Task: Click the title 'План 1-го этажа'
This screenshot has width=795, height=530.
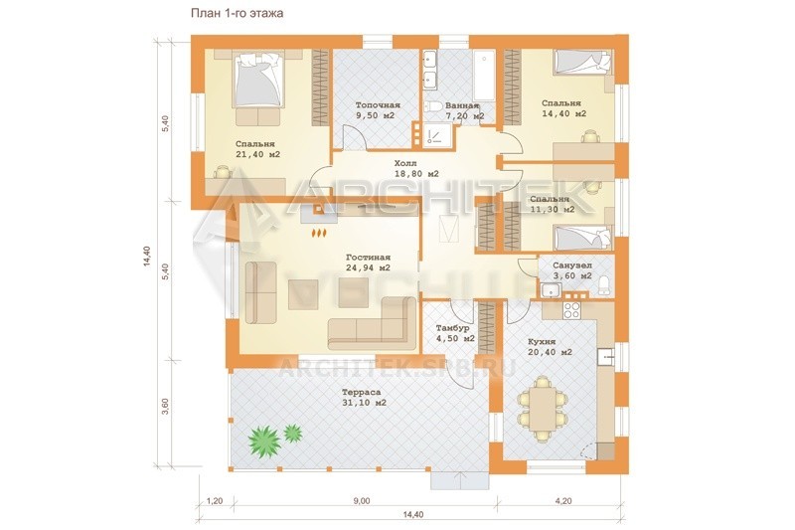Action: coord(237,13)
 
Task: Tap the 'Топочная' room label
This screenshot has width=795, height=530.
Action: coord(378,105)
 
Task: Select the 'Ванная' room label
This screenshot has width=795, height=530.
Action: coord(462,106)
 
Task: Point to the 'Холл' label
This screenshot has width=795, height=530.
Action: coord(405,163)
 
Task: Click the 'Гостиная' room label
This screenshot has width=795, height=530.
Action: coord(368,258)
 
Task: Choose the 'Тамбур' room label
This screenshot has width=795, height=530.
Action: coord(453,328)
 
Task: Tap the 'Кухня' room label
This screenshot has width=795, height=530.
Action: coord(542,342)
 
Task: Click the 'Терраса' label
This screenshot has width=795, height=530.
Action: coord(361,392)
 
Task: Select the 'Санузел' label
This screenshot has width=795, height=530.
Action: coord(572,265)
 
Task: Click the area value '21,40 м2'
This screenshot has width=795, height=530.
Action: coord(258,154)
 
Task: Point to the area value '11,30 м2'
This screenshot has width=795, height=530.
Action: coord(553,209)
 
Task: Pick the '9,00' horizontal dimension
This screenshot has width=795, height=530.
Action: coord(362,501)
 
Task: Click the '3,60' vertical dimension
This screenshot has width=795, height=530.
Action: coord(165,406)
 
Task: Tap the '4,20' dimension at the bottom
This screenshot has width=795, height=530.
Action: coord(563,501)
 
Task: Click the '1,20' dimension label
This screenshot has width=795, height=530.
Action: coord(215,501)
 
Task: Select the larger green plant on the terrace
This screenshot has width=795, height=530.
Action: coord(264,440)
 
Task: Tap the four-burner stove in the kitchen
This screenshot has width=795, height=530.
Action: coord(572,309)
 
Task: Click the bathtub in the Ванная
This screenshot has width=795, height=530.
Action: coord(484,76)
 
